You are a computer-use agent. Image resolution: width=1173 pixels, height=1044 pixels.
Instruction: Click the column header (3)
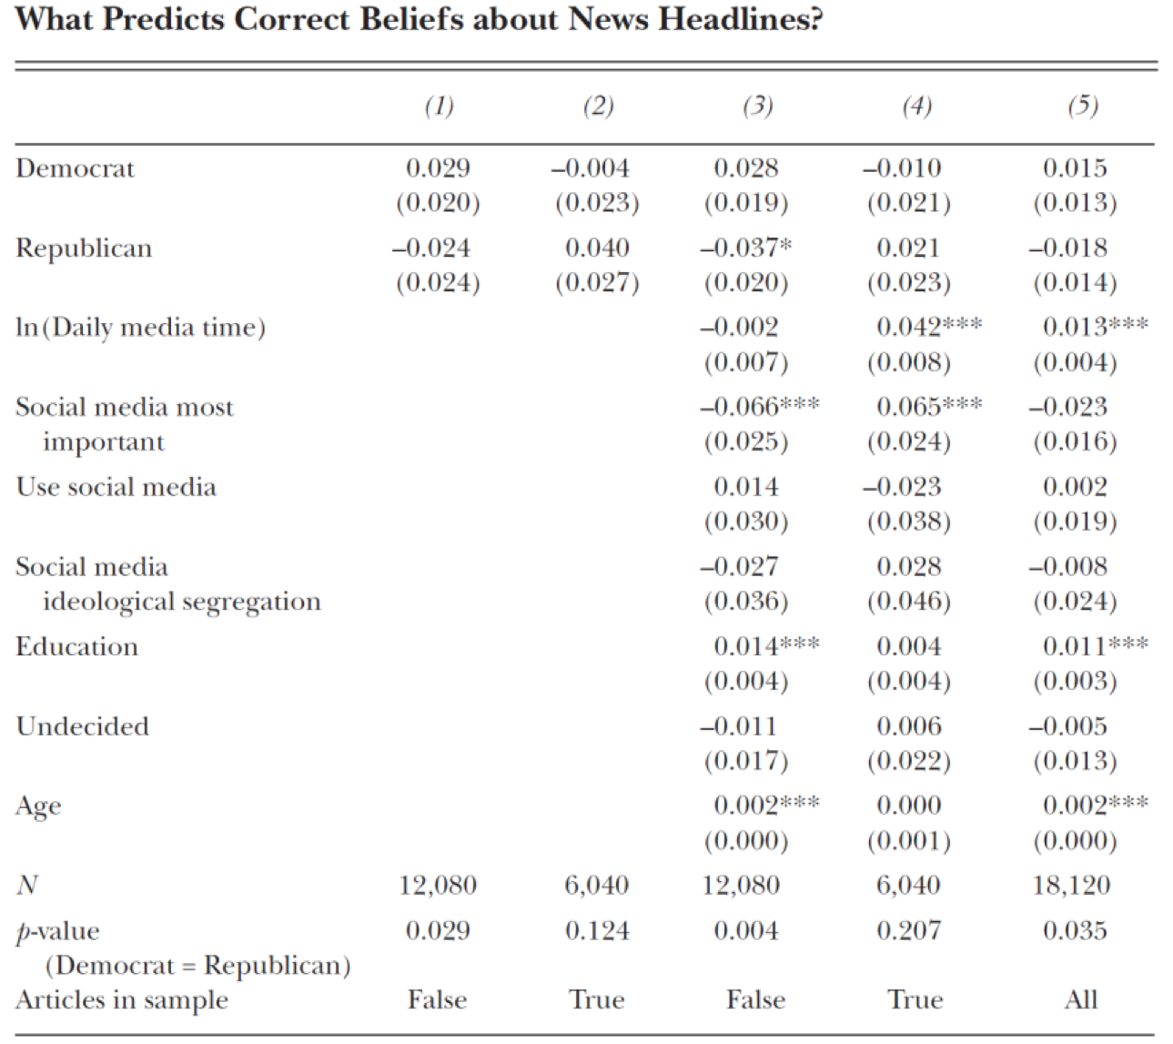[757, 106]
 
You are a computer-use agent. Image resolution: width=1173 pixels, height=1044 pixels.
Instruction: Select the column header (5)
[1082, 106]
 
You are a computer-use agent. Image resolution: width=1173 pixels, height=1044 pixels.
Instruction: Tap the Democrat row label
[76, 168]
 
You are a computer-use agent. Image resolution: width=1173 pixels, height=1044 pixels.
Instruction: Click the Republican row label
[84, 248]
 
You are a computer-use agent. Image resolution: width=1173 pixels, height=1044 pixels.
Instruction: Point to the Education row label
[77, 647]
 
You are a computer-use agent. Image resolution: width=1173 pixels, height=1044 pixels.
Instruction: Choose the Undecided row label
[83, 726]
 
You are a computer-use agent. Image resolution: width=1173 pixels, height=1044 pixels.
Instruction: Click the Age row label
[38, 806]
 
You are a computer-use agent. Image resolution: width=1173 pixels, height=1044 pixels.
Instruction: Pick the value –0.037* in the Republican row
[745, 248]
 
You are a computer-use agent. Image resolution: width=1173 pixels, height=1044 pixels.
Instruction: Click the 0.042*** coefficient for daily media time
[928, 328]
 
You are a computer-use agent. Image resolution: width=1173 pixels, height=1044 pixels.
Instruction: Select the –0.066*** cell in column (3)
[759, 407]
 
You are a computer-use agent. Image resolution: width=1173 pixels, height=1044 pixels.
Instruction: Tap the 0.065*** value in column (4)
[928, 407]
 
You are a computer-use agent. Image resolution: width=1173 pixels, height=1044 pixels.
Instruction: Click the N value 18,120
[1071, 886]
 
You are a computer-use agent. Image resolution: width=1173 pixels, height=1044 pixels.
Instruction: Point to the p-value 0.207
[908, 931]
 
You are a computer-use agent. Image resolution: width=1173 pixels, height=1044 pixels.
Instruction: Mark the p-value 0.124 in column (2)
[597, 931]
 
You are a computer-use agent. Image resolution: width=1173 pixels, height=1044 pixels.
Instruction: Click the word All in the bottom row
[1081, 1000]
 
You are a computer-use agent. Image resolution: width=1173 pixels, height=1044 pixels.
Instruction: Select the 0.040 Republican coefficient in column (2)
[597, 248]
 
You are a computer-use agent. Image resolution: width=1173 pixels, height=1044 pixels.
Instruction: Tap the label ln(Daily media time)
[141, 328]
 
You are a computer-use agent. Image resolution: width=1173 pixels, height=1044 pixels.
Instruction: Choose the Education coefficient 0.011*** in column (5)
[1095, 647]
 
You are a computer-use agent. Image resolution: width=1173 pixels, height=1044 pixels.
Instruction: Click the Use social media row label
[116, 487]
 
